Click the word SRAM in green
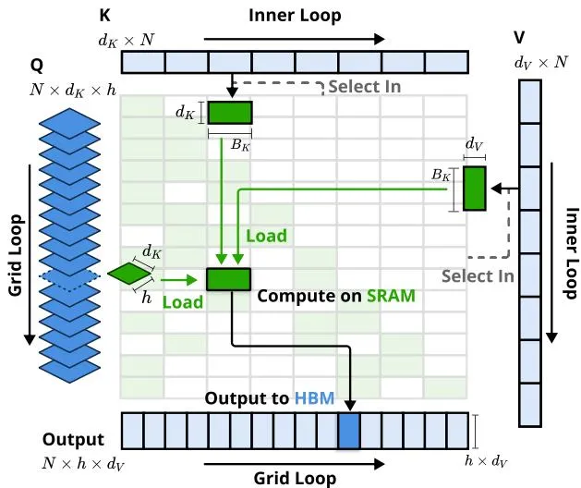(x=391, y=296)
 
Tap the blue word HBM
(x=315, y=398)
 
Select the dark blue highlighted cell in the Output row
(x=348, y=431)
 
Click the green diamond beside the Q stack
(x=129, y=274)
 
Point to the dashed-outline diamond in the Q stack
(x=69, y=275)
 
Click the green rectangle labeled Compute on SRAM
(x=229, y=279)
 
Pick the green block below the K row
(x=230, y=113)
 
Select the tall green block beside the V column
(x=474, y=189)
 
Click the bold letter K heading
(x=105, y=15)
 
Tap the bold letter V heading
(x=519, y=38)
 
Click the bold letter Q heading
(x=37, y=66)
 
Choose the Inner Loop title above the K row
(x=295, y=16)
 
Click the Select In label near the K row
(x=365, y=87)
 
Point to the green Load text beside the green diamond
(x=183, y=302)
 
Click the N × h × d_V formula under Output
(x=83, y=464)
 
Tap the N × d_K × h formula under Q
(x=73, y=90)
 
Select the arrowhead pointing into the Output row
(x=350, y=406)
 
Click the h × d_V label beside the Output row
(x=486, y=462)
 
